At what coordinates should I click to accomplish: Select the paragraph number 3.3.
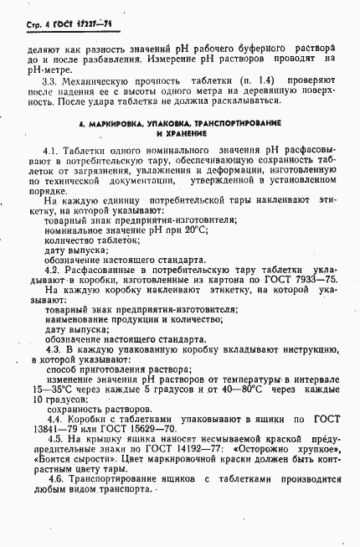click(x=52, y=80)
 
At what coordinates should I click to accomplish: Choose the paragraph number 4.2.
click(x=53, y=270)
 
